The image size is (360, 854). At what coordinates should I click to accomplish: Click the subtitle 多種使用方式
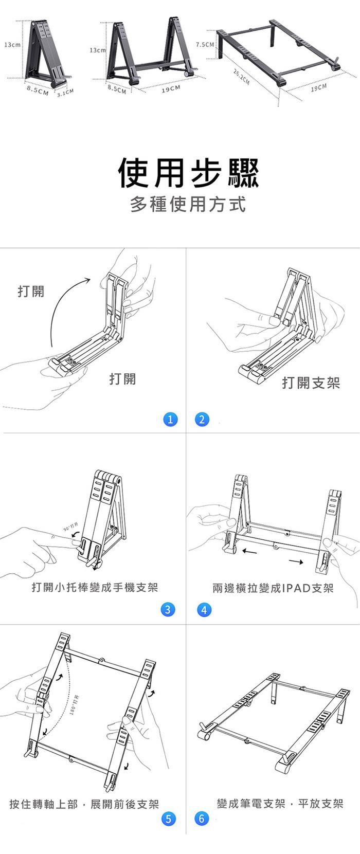pos(188,205)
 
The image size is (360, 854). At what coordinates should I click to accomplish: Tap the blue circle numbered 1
pos(170,419)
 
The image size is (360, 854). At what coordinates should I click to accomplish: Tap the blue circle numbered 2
pos(202,419)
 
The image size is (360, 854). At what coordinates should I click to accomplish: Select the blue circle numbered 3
pos(168,610)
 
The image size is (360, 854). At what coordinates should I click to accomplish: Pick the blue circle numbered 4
pos(204,610)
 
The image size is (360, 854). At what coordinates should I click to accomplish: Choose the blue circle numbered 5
pos(168,819)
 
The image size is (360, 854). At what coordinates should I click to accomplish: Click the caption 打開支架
pos(311,383)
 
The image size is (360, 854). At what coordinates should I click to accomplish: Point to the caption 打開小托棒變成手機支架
pos(95,587)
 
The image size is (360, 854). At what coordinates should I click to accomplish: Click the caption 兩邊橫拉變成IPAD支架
pos(273,588)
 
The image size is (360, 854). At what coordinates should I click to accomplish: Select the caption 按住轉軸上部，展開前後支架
pos(84,804)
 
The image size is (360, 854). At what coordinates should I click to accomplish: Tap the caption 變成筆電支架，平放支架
pos(280,804)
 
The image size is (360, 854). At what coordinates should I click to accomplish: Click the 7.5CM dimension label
pos(205,45)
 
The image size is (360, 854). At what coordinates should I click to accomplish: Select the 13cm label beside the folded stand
pos(12,45)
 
